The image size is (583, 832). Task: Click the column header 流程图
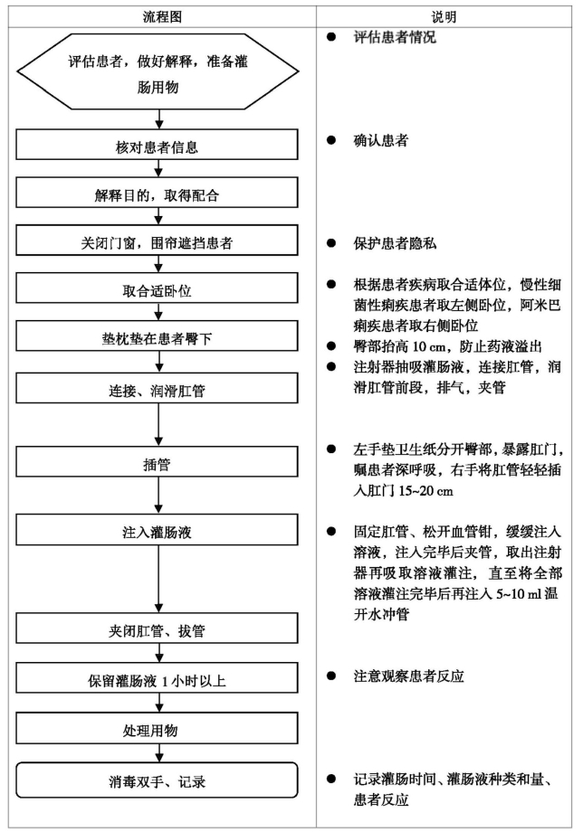coord(162,17)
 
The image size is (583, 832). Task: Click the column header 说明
coord(444,17)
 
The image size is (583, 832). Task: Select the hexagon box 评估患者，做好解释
coord(158,71)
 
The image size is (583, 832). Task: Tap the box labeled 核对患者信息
coord(157,145)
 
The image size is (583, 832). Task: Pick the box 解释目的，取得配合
coord(157,192)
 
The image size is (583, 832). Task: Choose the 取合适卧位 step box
coord(157,288)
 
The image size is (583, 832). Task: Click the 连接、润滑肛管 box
coord(157,388)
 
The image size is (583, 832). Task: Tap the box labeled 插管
coord(157,461)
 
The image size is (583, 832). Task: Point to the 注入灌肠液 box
coord(157,530)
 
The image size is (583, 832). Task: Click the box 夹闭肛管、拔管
coord(157,629)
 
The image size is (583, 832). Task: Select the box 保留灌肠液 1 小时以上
coord(157,677)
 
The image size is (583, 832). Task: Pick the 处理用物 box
coord(157,728)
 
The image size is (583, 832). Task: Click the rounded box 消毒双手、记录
coord(157,780)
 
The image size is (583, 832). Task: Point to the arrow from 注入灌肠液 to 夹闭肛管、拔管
coord(158,579)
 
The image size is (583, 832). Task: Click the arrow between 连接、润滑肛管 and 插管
coord(158,424)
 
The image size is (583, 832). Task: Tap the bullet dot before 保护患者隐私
coord(331,243)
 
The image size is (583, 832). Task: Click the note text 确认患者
coord(381,140)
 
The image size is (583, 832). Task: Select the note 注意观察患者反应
coord(409,676)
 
